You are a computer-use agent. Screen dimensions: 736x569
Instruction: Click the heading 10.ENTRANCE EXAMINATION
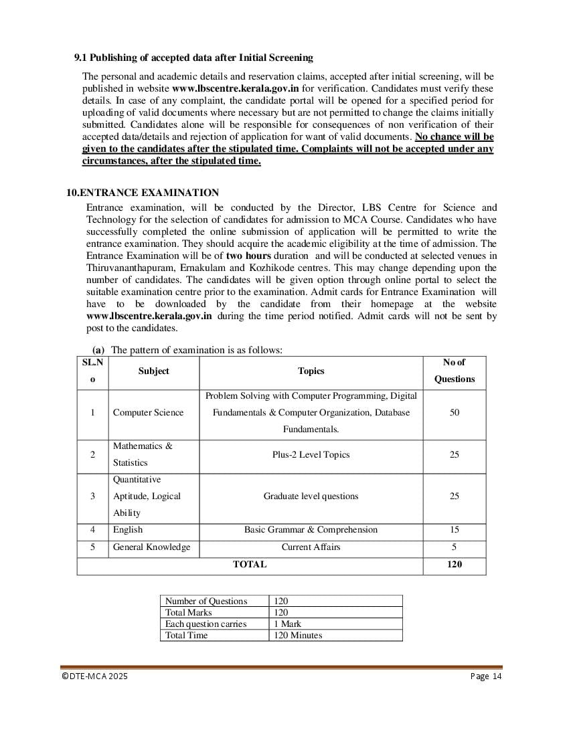[143, 193]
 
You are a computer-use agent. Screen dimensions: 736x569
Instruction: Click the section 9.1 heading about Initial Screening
[193, 58]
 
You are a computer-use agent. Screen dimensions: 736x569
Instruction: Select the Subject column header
[154, 371]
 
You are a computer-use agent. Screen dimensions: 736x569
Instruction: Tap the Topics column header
[311, 371]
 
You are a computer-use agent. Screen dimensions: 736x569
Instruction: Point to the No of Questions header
[455, 371]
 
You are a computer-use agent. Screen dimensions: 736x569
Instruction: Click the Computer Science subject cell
[148, 413]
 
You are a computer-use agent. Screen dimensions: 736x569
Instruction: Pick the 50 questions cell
[455, 413]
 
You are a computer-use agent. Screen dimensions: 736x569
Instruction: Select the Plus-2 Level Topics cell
[311, 455]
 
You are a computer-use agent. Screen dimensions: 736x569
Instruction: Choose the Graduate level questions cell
[311, 496]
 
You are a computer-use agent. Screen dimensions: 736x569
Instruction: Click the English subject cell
[128, 530]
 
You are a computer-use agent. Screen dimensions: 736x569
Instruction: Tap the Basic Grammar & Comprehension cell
[311, 530]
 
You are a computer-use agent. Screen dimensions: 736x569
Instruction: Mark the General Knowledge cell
[151, 547]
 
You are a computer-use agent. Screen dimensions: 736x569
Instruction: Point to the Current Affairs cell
[311, 547]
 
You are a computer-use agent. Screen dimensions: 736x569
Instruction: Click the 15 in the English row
[455, 530]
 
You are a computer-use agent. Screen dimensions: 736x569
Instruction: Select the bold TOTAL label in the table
[250, 565]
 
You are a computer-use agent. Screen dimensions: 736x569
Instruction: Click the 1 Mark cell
[288, 624]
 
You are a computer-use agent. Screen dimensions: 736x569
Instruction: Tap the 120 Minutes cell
[298, 636]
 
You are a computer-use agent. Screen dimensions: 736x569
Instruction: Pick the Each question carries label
[206, 624]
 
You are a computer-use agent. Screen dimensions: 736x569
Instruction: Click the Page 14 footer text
[486, 676]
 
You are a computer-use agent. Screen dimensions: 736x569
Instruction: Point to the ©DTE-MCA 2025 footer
[94, 676]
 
